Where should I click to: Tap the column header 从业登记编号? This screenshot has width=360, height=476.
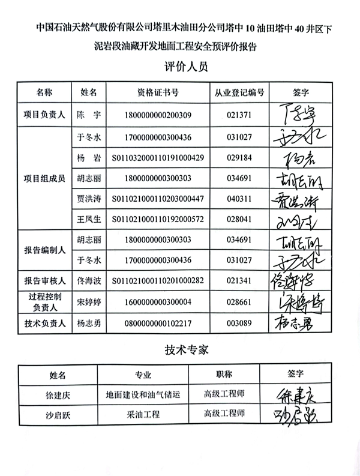click(x=239, y=93)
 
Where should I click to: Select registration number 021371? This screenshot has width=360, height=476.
click(x=239, y=115)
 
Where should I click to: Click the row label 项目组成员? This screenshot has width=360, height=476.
click(x=44, y=178)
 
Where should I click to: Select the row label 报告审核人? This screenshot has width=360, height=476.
click(x=44, y=280)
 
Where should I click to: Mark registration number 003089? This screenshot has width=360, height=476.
click(x=239, y=324)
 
